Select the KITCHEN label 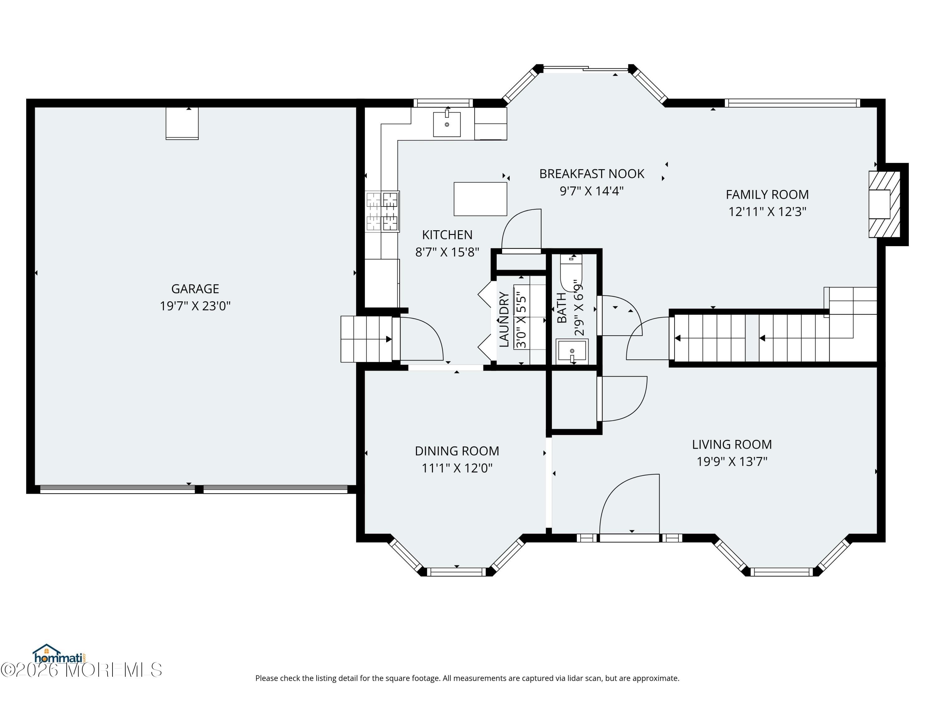click(x=447, y=235)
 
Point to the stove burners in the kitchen click(x=382, y=211)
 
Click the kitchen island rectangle click(x=480, y=199)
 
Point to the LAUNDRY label click(x=504, y=319)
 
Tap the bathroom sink click(x=572, y=351)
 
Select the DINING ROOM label click(x=457, y=451)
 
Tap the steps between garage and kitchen click(x=366, y=339)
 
